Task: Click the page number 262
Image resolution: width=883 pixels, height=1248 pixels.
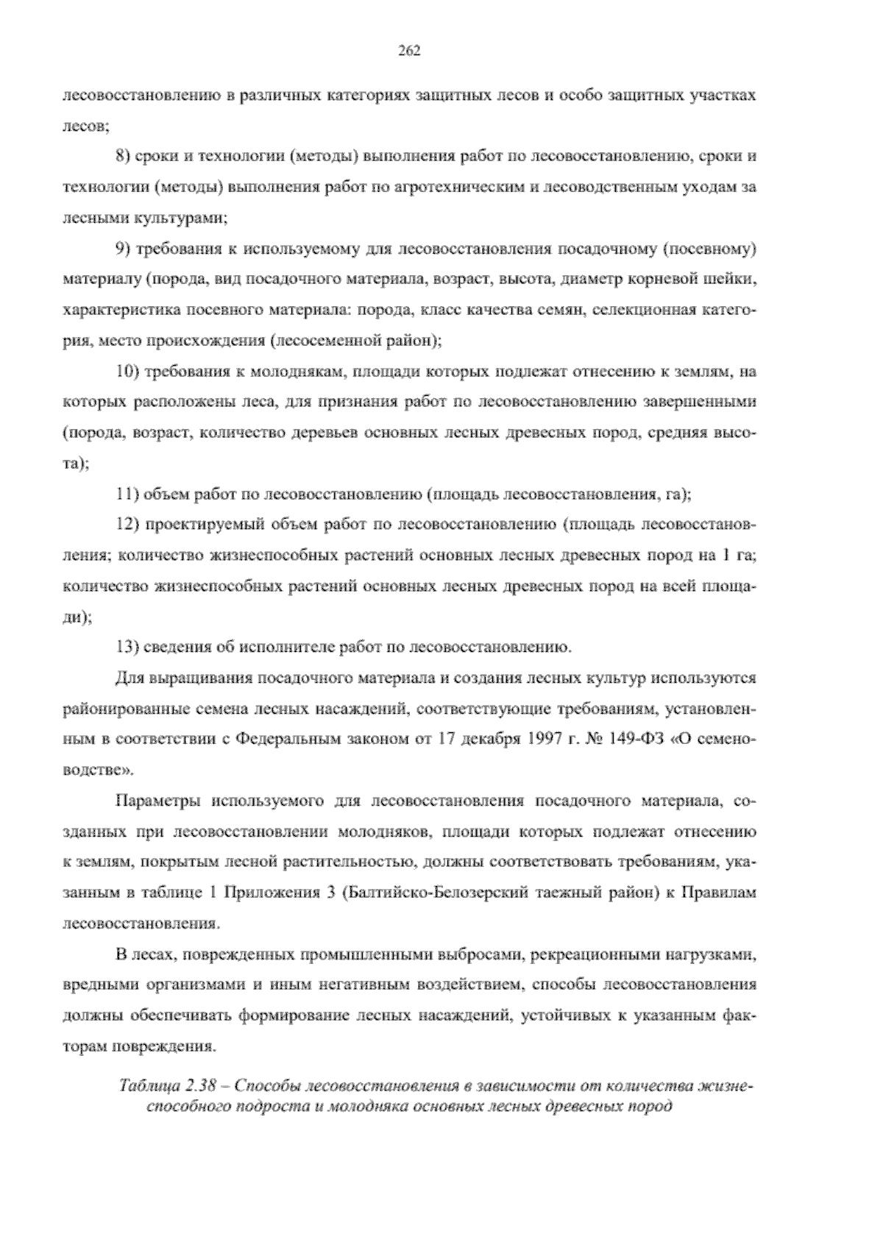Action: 408,51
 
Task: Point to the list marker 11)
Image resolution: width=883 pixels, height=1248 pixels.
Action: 127,494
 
